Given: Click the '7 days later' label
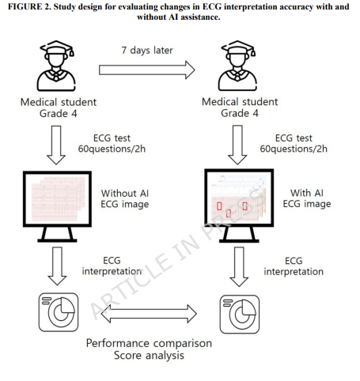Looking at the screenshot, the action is tap(147, 50).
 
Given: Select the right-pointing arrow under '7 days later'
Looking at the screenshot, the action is tap(147, 70).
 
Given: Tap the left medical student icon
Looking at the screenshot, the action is tap(56, 66).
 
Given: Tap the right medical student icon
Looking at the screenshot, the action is tap(237, 66).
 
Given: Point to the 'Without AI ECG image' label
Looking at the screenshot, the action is tap(125, 198).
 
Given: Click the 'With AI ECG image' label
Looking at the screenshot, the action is tap(307, 198).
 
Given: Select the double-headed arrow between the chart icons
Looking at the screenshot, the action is tap(149, 314).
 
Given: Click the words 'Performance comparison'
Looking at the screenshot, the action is tap(149, 343).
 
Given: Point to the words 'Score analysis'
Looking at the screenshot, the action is tap(149, 355).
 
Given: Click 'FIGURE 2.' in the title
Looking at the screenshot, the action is tap(29, 6).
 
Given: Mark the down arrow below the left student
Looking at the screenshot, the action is tap(56, 145).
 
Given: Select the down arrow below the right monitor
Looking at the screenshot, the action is tap(239, 266).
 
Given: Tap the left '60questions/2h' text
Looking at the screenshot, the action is tap(112, 149).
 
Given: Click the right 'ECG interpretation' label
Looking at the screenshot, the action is tap(294, 266).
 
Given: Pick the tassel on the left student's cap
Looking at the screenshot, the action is tap(71, 51).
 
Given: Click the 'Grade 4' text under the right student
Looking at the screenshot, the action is tap(240, 113).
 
